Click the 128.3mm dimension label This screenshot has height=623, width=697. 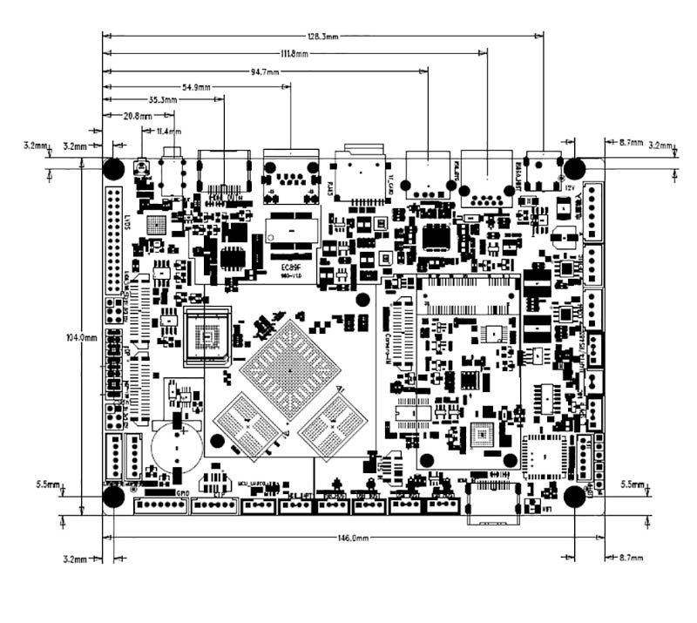(x=322, y=37)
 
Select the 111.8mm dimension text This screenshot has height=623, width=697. (x=291, y=53)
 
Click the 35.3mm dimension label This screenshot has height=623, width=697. (x=163, y=101)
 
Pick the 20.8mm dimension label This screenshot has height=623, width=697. (x=139, y=116)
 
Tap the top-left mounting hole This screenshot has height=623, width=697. (x=113, y=168)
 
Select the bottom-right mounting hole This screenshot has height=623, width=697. (x=574, y=496)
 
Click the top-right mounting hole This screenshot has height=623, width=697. (x=574, y=168)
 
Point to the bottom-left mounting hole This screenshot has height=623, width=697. (x=113, y=496)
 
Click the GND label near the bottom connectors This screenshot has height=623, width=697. (x=184, y=493)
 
